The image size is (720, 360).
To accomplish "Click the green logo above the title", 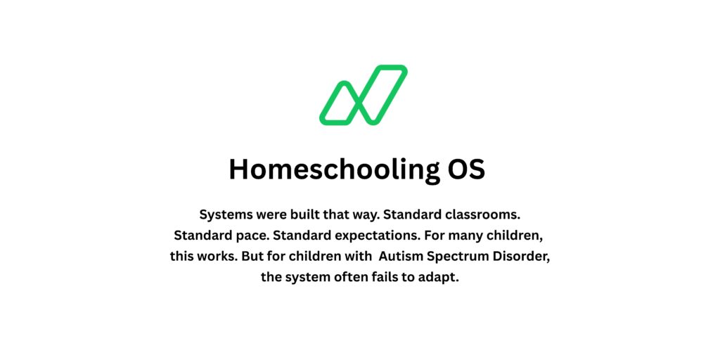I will tap(363, 95).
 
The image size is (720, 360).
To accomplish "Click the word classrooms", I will tap(480, 214).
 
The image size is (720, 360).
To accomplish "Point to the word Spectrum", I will tap(460, 256).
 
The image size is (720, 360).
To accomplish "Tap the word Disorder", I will tap(524, 256).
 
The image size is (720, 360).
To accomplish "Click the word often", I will tap(354, 277).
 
